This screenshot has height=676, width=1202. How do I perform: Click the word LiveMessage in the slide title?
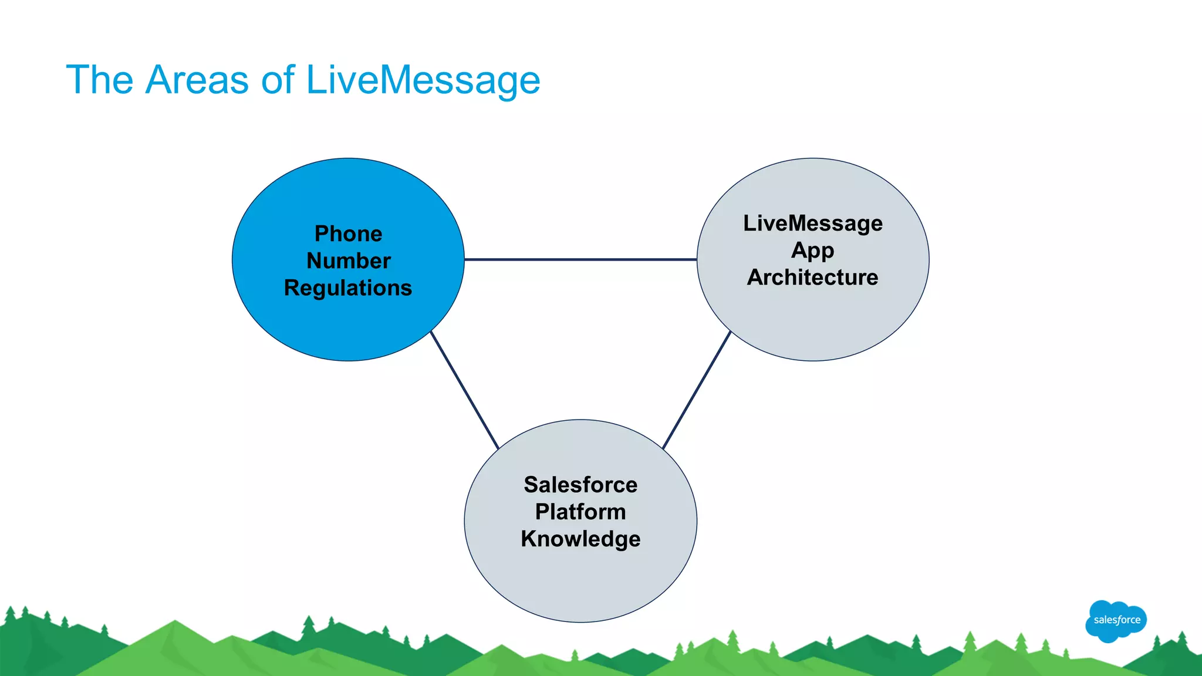click(x=423, y=80)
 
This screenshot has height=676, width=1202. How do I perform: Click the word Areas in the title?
click(x=197, y=80)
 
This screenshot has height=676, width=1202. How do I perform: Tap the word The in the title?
click(x=100, y=80)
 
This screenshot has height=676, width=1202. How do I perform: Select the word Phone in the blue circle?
click(x=348, y=234)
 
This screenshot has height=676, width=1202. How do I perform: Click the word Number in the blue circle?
click(x=348, y=261)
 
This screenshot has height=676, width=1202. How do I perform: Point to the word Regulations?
click(x=348, y=288)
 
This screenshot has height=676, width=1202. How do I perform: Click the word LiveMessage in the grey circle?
click(x=812, y=223)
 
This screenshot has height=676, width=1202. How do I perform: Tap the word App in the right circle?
click(x=812, y=251)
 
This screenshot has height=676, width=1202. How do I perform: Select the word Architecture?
click(x=812, y=277)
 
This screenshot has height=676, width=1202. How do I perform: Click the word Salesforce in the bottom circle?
click(x=580, y=485)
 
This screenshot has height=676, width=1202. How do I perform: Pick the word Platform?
click(x=580, y=512)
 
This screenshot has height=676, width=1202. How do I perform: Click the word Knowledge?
click(x=580, y=539)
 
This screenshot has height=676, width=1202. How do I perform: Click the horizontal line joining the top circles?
click(x=580, y=259)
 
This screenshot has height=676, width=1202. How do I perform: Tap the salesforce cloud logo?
click(x=1116, y=621)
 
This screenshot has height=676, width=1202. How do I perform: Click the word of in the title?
click(x=277, y=80)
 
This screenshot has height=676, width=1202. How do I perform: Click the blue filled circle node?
click(x=348, y=329)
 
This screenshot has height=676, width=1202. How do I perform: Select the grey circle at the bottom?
click(x=580, y=581)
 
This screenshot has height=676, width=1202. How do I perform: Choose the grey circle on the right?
click(x=812, y=323)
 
